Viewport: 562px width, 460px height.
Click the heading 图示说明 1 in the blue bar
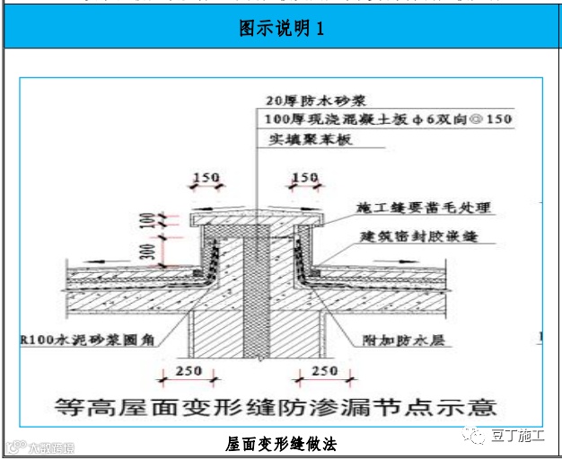(x=281, y=30)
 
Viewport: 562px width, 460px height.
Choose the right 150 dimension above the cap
(x=305, y=178)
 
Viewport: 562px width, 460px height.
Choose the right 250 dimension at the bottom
(x=324, y=370)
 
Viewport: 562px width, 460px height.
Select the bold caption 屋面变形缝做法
(x=281, y=443)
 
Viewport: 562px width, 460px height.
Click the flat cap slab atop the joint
(x=257, y=218)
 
